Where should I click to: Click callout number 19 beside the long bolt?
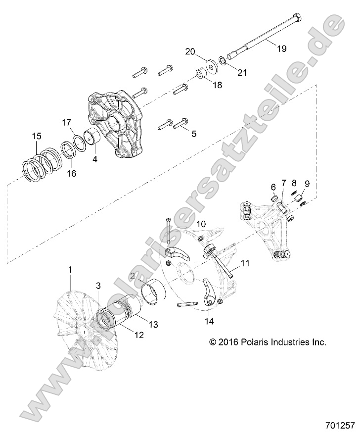point(281,48)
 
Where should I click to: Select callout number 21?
point(241,73)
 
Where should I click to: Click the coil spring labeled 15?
point(43,167)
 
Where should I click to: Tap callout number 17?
point(67,122)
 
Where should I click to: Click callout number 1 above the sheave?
point(70,269)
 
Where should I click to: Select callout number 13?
point(139,324)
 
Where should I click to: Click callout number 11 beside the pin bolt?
point(246,264)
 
